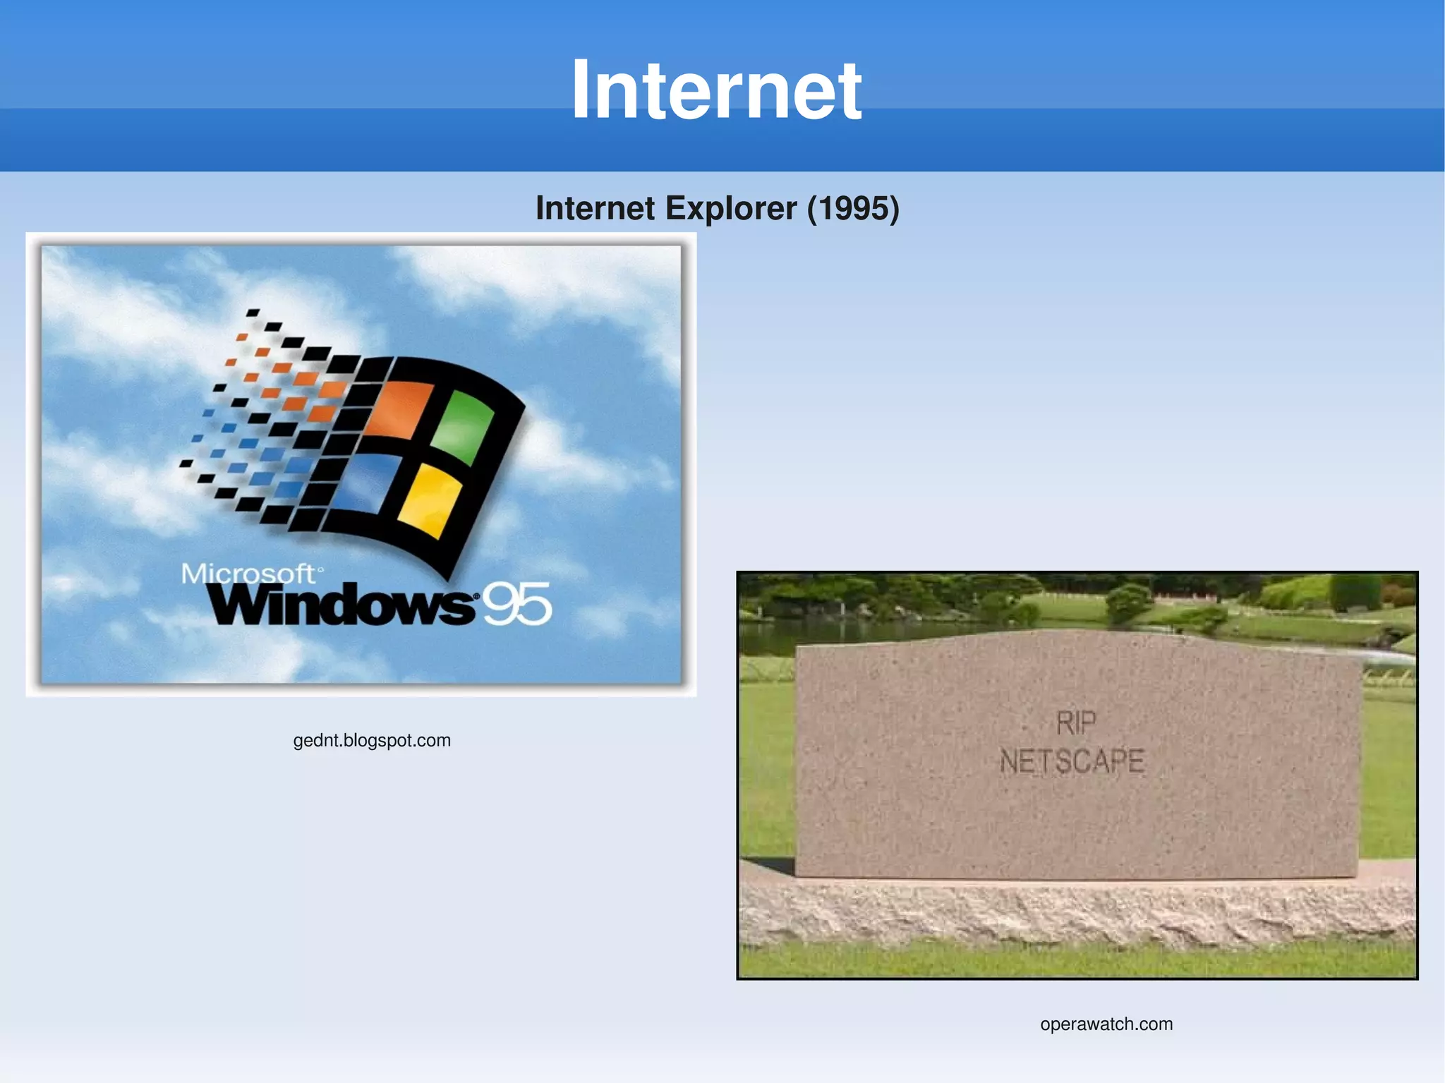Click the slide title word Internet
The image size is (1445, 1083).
tap(715, 90)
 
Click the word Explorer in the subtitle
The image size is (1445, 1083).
tap(730, 208)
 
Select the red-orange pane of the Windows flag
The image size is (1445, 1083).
tap(399, 410)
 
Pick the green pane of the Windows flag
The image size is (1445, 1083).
tap(463, 426)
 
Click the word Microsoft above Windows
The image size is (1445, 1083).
tap(247, 573)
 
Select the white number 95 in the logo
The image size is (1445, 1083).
tap(517, 604)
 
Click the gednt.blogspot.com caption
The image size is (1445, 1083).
tap(372, 740)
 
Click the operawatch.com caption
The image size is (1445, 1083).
tap(1106, 1024)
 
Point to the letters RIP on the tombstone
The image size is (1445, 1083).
tap(1075, 723)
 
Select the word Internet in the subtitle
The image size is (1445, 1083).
tap(595, 208)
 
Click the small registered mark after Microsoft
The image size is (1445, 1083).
tap(320, 569)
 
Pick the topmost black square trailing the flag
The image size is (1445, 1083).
tap(253, 312)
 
